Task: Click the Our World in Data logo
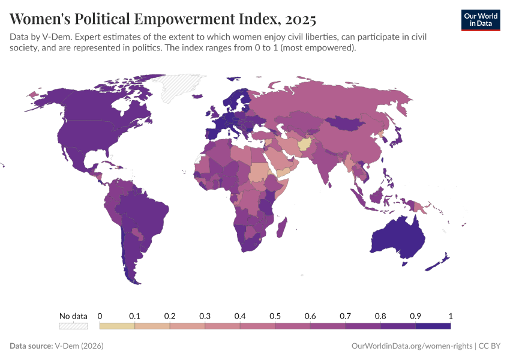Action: click(480, 20)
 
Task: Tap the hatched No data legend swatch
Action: click(73, 326)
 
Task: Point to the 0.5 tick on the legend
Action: click(275, 316)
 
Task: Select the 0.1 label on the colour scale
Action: click(134, 316)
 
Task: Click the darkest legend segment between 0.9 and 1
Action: click(433, 326)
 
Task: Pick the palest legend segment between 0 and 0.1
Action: click(117, 326)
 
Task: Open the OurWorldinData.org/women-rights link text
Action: click(410, 346)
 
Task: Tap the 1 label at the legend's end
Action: click(450, 316)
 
